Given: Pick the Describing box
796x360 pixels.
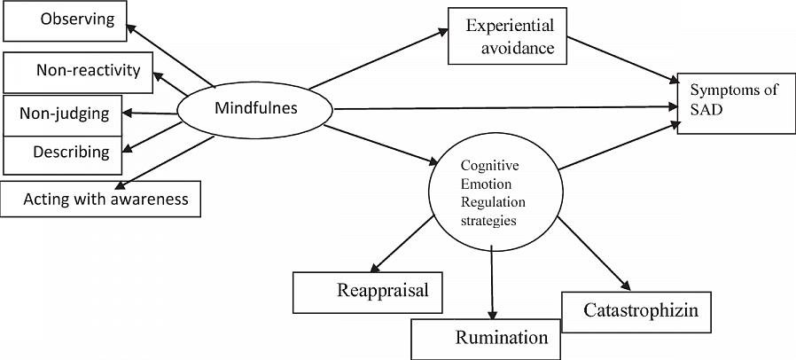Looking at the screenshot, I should pos(62,153).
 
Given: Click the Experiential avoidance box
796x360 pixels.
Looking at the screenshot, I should pos(507,36).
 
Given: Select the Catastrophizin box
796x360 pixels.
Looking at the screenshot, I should pos(636,311).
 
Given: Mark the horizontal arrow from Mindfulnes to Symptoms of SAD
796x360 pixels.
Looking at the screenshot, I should pos(505,108).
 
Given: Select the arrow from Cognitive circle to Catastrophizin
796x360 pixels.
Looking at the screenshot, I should pos(595,259).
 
